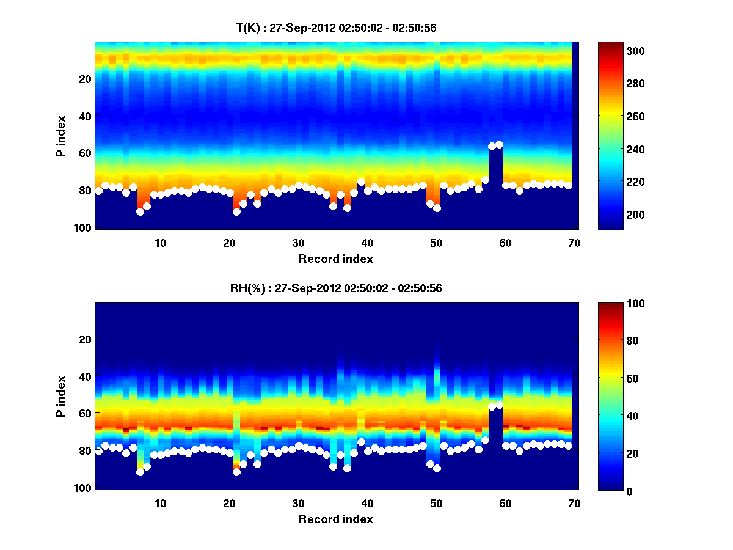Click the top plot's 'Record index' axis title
pos(335,258)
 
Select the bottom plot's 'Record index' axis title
pos(335,519)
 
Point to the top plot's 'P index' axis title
pos(62,136)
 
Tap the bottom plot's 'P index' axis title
pos(62,396)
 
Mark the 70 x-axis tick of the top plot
pos(574,242)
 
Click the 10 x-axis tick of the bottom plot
pos(160,503)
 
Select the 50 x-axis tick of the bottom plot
pos(436,503)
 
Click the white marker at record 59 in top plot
pos(499,144)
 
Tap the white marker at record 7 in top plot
pos(140,211)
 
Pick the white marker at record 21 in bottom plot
pos(236,472)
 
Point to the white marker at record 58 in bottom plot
pos(492,406)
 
